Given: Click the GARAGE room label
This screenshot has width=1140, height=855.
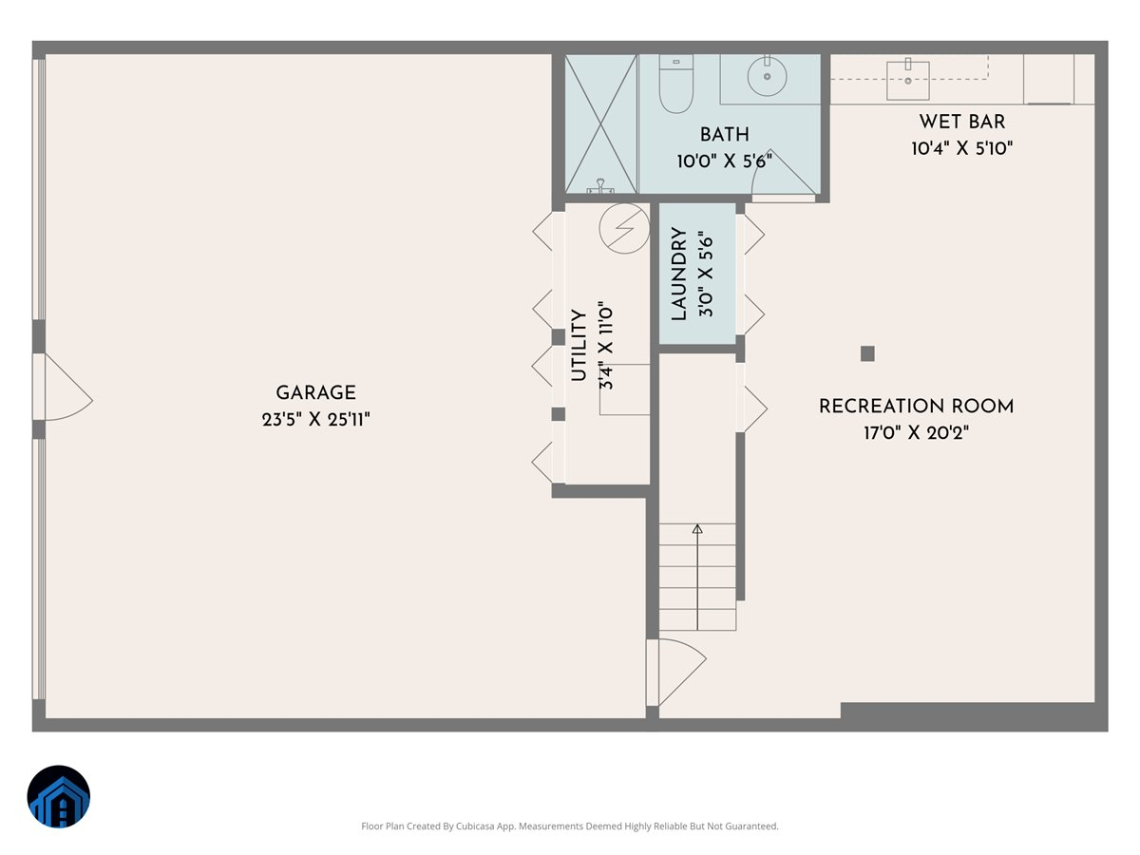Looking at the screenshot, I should coord(315,392).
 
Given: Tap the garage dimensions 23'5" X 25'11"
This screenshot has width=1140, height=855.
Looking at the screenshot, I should coord(315,419).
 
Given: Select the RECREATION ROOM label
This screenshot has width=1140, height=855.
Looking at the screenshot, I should coord(916,407).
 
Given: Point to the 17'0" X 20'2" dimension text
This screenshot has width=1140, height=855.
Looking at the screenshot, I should coord(916,433).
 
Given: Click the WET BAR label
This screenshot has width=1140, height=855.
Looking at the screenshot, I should coord(961,122).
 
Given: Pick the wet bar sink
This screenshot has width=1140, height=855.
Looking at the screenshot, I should coord(908,80).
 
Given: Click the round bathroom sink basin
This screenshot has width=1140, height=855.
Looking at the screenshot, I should coord(766,77).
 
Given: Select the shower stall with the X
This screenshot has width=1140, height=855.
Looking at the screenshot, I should coord(600,123).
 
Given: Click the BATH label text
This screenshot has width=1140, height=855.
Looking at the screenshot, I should coord(724,135).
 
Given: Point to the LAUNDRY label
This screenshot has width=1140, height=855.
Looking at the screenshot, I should coord(678,274).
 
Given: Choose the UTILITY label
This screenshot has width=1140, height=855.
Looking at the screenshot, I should coord(578,346).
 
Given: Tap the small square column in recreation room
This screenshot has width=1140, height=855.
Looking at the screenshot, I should coord(866,353).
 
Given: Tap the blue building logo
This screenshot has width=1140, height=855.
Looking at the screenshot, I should coord(58,797).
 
